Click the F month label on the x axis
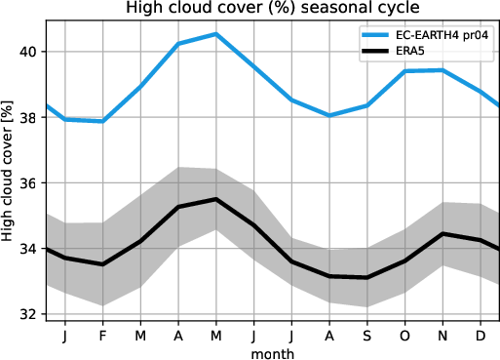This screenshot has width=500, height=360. click(x=101, y=335)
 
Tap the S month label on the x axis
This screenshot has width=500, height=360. click(x=366, y=335)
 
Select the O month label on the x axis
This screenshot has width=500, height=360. click(x=404, y=335)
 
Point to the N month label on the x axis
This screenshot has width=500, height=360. click(x=442, y=335)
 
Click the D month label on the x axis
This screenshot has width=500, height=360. click(x=481, y=335)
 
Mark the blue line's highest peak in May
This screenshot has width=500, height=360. click(x=215, y=34)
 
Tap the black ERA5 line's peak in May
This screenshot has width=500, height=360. click(x=215, y=199)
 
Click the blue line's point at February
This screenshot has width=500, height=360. click(x=101, y=121)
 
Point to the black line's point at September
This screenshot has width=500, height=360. click(x=366, y=277)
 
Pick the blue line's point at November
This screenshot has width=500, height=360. click(x=442, y=70)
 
